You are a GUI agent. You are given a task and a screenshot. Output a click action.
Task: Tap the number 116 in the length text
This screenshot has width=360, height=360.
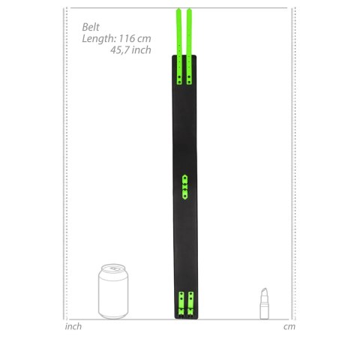pyautogui.click(x=124, y=37)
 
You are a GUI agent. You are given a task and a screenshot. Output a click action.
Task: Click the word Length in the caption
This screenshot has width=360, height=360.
pyautogui.click(x=97, y=37)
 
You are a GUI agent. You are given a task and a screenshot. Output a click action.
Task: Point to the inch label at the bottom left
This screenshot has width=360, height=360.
pyautogui.click(x=73, y=326)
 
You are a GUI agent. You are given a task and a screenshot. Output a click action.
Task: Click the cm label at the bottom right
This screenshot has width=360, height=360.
pyautogui.click(x=289, y=326)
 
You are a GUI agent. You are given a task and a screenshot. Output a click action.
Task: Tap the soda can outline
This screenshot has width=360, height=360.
pyautogui.click(x=115, y=292)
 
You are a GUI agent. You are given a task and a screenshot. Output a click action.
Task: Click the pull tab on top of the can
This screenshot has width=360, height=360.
pyautogui.click(x=115, y=266)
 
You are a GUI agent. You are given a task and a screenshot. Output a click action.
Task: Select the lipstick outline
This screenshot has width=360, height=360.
pyautogui.click(x=264, y=304)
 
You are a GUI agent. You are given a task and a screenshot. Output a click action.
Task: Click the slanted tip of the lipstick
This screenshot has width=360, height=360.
pyautogui.click(x=264, y=291)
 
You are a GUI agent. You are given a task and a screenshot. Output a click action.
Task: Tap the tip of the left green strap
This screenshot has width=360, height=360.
pyautogui.click(x=178, y=10)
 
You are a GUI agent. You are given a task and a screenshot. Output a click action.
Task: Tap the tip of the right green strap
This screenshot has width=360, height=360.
pyautogui.click(x=188, y=10)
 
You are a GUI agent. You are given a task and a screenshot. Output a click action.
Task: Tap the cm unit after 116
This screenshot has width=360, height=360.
pyautogui.click(x=144, y=37)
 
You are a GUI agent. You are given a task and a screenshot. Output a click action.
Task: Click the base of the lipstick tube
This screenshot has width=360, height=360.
pyautogui.click(x=264, y=316)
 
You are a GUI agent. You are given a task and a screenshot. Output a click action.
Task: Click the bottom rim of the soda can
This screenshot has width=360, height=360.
pyautogui.click(x=115, y=319)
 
